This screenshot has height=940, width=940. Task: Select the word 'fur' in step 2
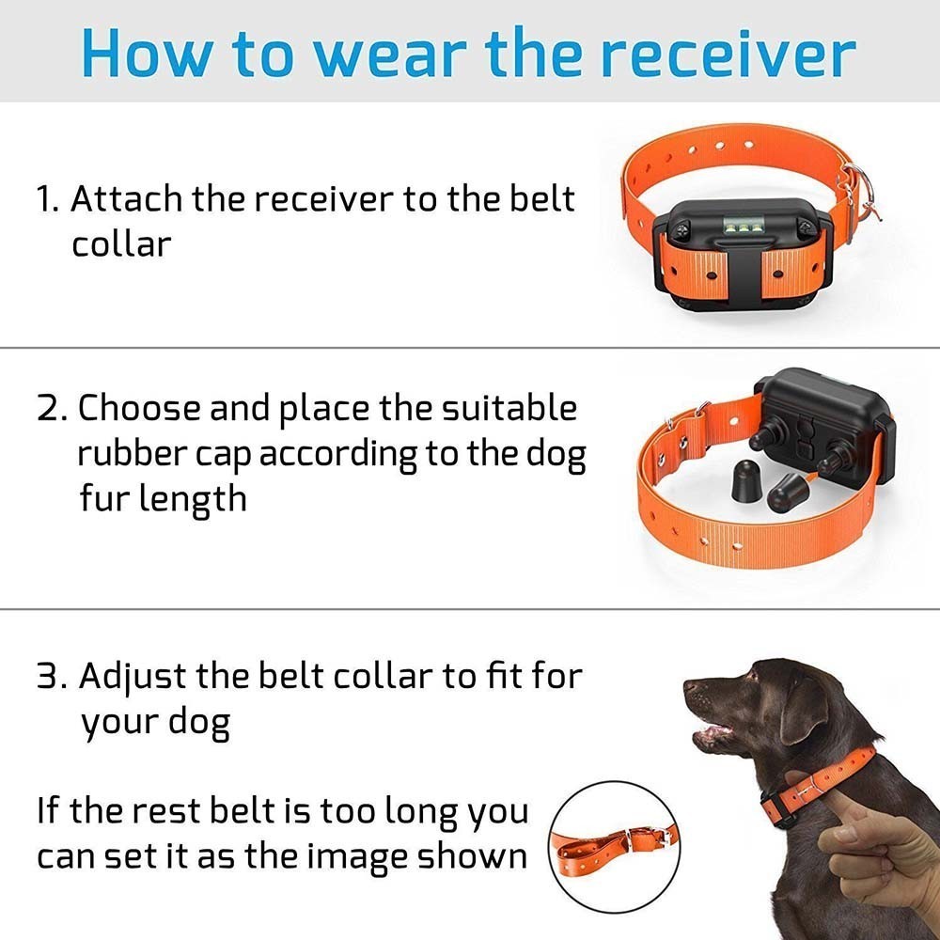104,498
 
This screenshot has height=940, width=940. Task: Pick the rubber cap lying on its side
787,491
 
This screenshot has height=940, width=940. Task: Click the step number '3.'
51,677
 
